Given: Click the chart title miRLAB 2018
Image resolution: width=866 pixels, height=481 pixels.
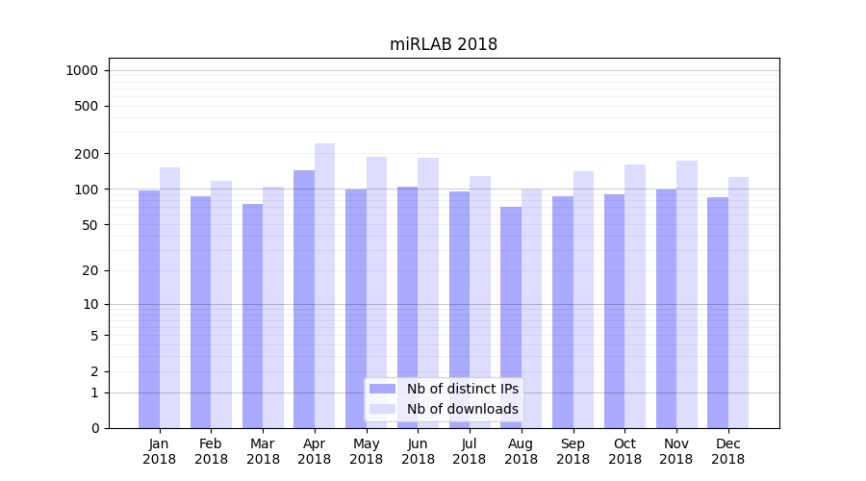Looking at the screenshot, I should [x=444, y=44].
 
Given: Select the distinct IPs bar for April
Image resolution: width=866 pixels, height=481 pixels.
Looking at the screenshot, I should [x=304, y=298].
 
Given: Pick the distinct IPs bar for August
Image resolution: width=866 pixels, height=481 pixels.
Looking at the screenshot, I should [x=511, y=317].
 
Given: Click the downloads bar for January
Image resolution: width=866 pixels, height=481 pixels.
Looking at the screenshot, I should [x=169, y=297].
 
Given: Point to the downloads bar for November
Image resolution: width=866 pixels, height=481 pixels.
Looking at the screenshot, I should [x=687, y=293].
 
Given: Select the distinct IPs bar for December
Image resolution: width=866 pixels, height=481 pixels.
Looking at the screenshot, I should [x=718, y=313].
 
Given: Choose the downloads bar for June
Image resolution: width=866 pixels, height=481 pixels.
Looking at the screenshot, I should [x=428, y=292].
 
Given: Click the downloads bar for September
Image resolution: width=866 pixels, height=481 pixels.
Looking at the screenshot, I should [x=583, y=299].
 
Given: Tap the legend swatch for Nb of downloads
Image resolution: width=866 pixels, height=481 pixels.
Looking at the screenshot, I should [x=382, y=409].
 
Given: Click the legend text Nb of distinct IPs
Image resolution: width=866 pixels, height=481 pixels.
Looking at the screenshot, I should [x=463, y=389].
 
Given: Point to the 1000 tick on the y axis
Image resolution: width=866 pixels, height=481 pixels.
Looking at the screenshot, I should [x=82, y=70].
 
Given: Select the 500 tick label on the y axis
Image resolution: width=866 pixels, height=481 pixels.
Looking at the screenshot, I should [x=87, y=106].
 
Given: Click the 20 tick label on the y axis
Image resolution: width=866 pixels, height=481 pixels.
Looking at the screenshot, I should [x=89, y=270].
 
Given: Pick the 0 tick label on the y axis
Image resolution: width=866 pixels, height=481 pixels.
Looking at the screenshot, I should [x=94, y=428].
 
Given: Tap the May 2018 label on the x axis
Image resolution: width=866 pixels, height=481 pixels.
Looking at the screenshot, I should [x=366, y=451].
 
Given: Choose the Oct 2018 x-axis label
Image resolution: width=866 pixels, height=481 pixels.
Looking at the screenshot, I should [x=624, y=451].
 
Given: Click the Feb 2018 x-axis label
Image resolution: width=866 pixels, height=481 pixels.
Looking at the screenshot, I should [x=211, y=451].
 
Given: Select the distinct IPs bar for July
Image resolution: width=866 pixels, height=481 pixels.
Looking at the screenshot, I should [x=459, y=309].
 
